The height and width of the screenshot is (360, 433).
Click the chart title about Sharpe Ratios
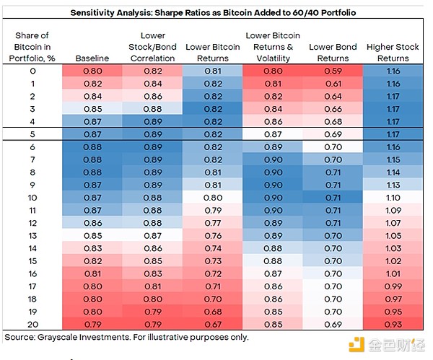[214, 13]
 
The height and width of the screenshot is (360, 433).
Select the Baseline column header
[92, 58]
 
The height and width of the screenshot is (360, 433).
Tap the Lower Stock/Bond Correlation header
[152, 47]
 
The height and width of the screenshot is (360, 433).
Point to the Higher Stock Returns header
[393, 53]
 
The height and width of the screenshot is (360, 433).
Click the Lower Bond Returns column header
[333, 53]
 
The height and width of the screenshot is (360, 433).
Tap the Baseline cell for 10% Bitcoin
[92, 197]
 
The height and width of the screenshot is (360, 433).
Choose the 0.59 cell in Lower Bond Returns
[333, 71]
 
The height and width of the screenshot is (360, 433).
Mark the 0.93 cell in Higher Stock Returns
[393, 324]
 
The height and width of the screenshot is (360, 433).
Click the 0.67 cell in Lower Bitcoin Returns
[214, 324]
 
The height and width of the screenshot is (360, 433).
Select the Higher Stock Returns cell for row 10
[393, 197]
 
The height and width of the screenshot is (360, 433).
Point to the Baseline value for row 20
[92, 324]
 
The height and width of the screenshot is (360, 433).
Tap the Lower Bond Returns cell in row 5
[333, 134]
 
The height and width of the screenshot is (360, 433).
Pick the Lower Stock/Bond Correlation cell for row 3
[152, 109]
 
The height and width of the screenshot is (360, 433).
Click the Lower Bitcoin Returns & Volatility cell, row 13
[273, 235]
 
